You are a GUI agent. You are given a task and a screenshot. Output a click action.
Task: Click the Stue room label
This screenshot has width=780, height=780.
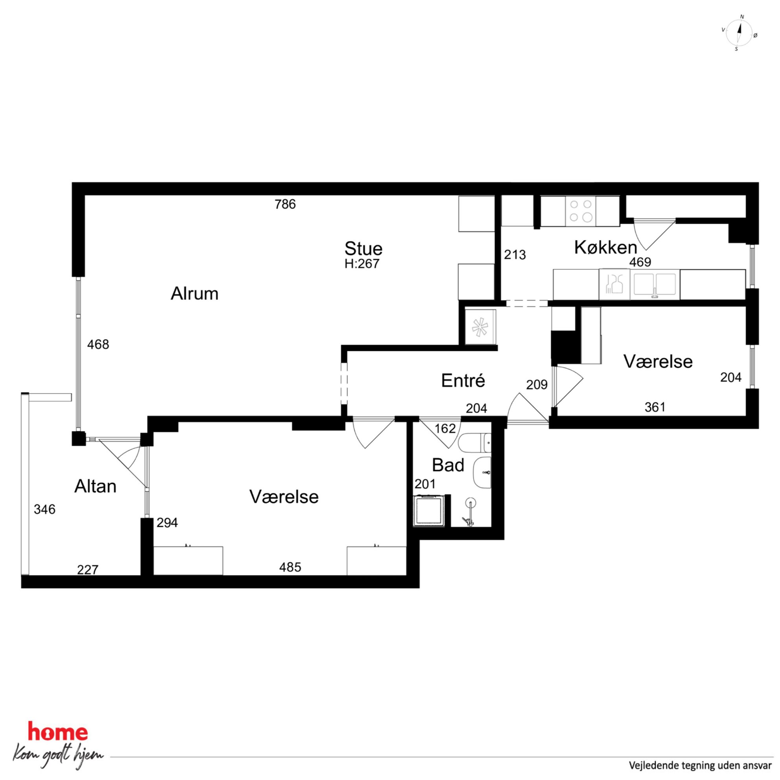[x=363, y=249]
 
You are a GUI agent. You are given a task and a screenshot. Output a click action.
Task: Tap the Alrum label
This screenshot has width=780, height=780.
[x=195, y=294]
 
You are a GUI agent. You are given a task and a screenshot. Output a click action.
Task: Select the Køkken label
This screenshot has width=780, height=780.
[x=605, y=247]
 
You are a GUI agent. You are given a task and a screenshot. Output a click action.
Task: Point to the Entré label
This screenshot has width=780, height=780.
[x=463, y=380]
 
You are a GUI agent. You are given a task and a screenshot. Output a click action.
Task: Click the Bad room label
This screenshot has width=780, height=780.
[x=448, y=465]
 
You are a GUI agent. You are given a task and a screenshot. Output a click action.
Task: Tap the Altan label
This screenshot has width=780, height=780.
[x=95, y=486]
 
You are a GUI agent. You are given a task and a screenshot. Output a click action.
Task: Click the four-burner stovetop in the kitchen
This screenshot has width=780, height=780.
[x=581, y=211]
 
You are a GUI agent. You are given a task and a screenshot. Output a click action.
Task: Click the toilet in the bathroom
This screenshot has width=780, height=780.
[x=475, y=443]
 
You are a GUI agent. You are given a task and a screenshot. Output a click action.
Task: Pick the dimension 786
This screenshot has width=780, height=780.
[x=285, y=204]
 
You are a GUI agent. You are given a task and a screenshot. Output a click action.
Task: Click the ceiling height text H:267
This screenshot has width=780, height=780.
[x=362, y=264]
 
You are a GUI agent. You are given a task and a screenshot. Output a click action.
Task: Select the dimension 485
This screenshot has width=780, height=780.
[x=290, y=567]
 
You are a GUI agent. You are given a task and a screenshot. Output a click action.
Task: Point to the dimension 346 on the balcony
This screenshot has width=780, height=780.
[x=44, y=510]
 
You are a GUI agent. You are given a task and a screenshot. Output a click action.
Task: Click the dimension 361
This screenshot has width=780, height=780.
[x=655, y=407]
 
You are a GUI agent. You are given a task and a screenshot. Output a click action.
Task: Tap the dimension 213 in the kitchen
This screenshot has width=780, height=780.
[x=515, y=255]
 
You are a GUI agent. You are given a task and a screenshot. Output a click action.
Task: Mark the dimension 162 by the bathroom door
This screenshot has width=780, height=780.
[x=445, y=429]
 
